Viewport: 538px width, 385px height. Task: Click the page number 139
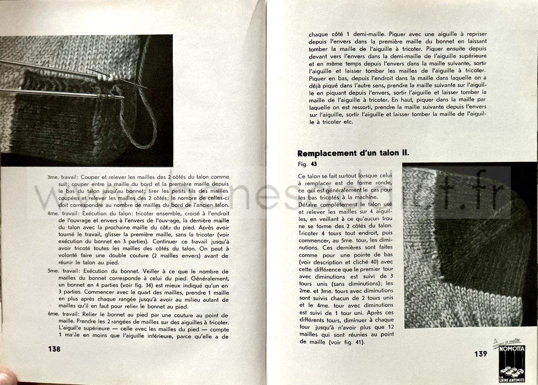click(480, 354)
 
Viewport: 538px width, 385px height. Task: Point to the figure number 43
click(314, 163)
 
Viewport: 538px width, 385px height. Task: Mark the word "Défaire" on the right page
click(310, 205)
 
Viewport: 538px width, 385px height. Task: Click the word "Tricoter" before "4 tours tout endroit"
click(310, 233)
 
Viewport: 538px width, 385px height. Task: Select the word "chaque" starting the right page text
click(319, 35)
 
